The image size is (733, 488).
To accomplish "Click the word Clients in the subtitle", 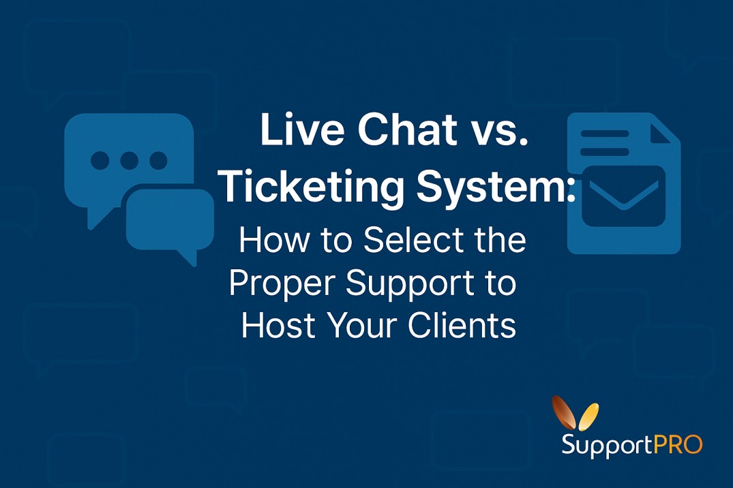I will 462,326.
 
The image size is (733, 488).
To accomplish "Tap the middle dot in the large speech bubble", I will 129,160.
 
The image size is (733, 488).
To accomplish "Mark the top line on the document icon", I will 604,133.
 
